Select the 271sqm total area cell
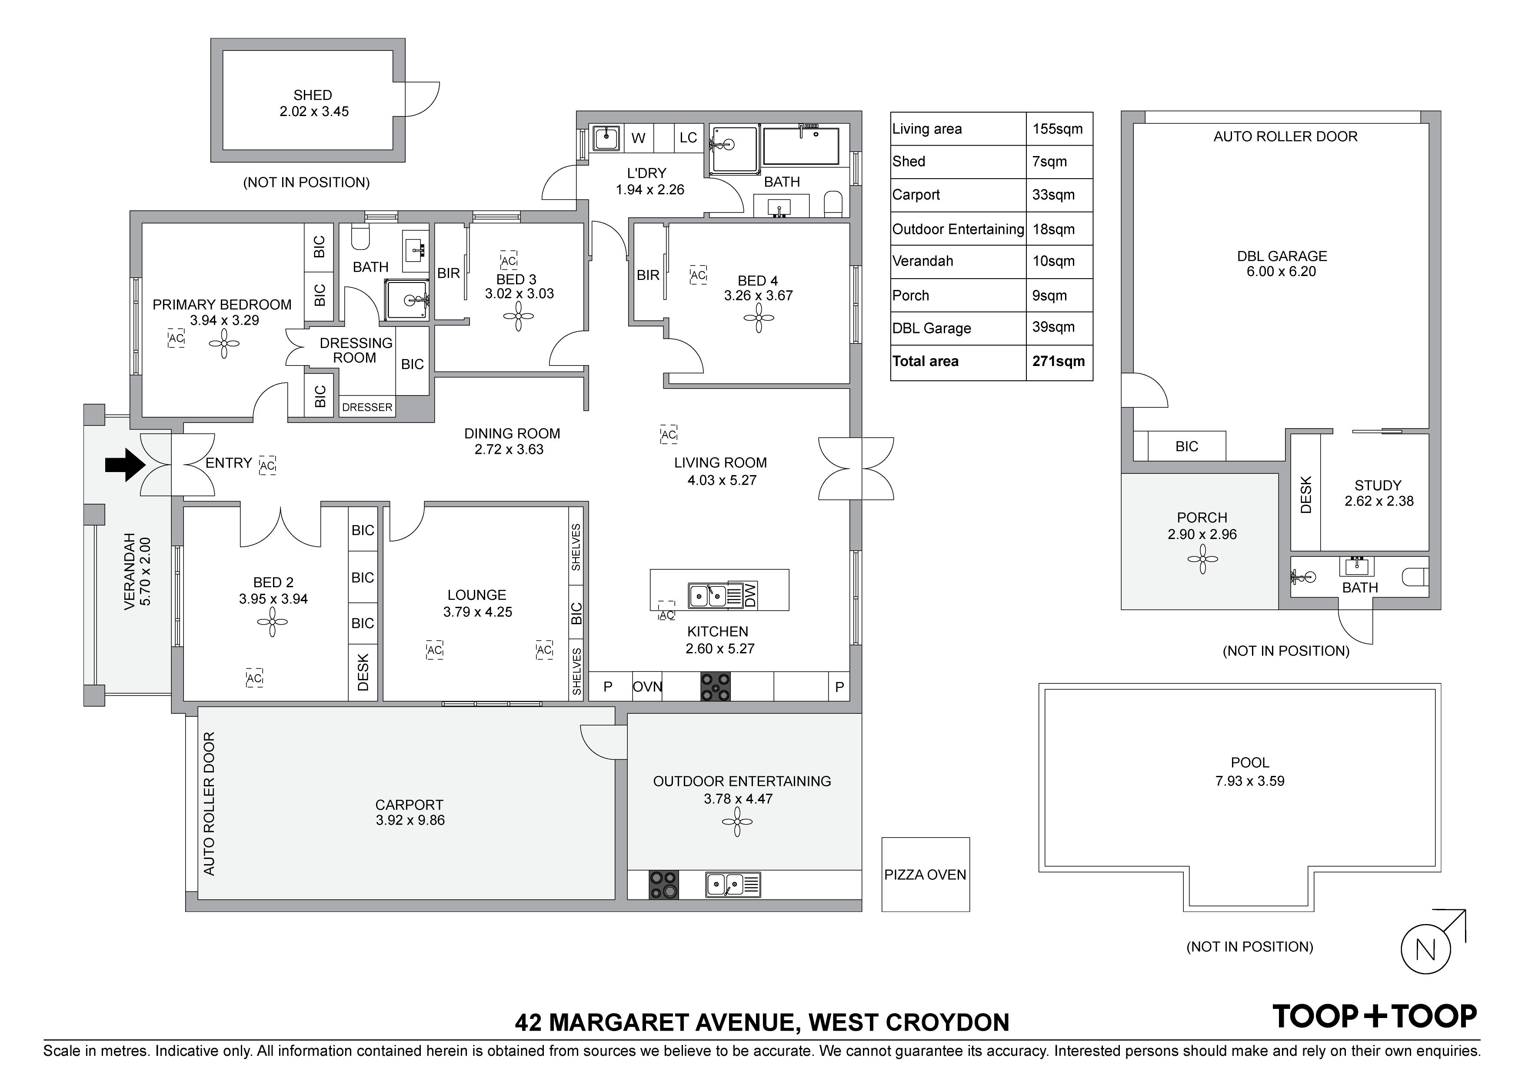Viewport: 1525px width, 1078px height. click(1059, 361)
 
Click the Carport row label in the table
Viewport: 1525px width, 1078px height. click(916, 195)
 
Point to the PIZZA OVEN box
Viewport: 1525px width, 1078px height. click(925, 874)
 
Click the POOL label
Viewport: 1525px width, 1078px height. click(1249, 762)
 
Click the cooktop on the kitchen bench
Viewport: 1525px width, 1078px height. click(716, 686)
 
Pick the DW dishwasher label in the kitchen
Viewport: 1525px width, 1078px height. click(750, 595)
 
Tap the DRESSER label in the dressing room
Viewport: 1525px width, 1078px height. click(367, 407)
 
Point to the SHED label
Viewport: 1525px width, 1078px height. click(313, 95)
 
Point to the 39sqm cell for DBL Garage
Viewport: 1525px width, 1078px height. click(1053, 327)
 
